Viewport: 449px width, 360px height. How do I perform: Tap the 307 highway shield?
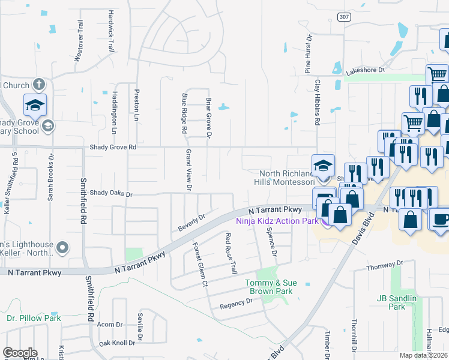point(343,17)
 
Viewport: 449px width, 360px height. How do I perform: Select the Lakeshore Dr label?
point(365,70)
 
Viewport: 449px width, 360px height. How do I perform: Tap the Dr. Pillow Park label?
point(34,318)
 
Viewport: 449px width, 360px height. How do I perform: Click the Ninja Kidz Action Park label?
point(277,221)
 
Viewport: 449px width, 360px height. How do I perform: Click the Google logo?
point(20,353)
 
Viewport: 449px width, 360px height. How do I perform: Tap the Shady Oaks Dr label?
point(110,194)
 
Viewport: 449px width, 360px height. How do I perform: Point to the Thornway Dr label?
point(382,265)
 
